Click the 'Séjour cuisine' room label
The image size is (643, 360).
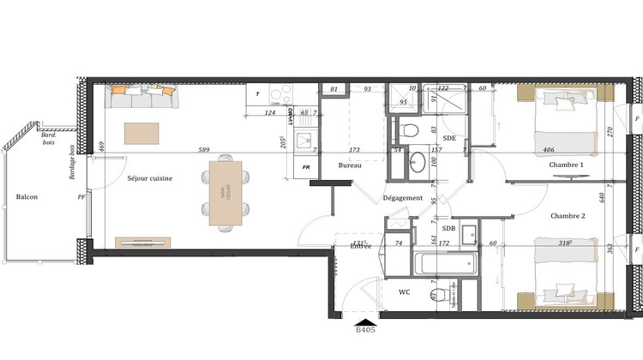click(x=149, y=178)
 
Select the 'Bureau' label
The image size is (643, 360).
click(x=350, y=165)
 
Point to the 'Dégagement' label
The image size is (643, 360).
click(x=403, y=198)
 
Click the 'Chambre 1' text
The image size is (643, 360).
click(x=566, y=165)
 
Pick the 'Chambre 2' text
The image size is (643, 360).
click(x=568, y=216)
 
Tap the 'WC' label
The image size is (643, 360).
click(x=405, y=293)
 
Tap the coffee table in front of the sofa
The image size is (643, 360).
click(x=141, y=133)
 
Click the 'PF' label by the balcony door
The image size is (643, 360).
click(x=82, y=197)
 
